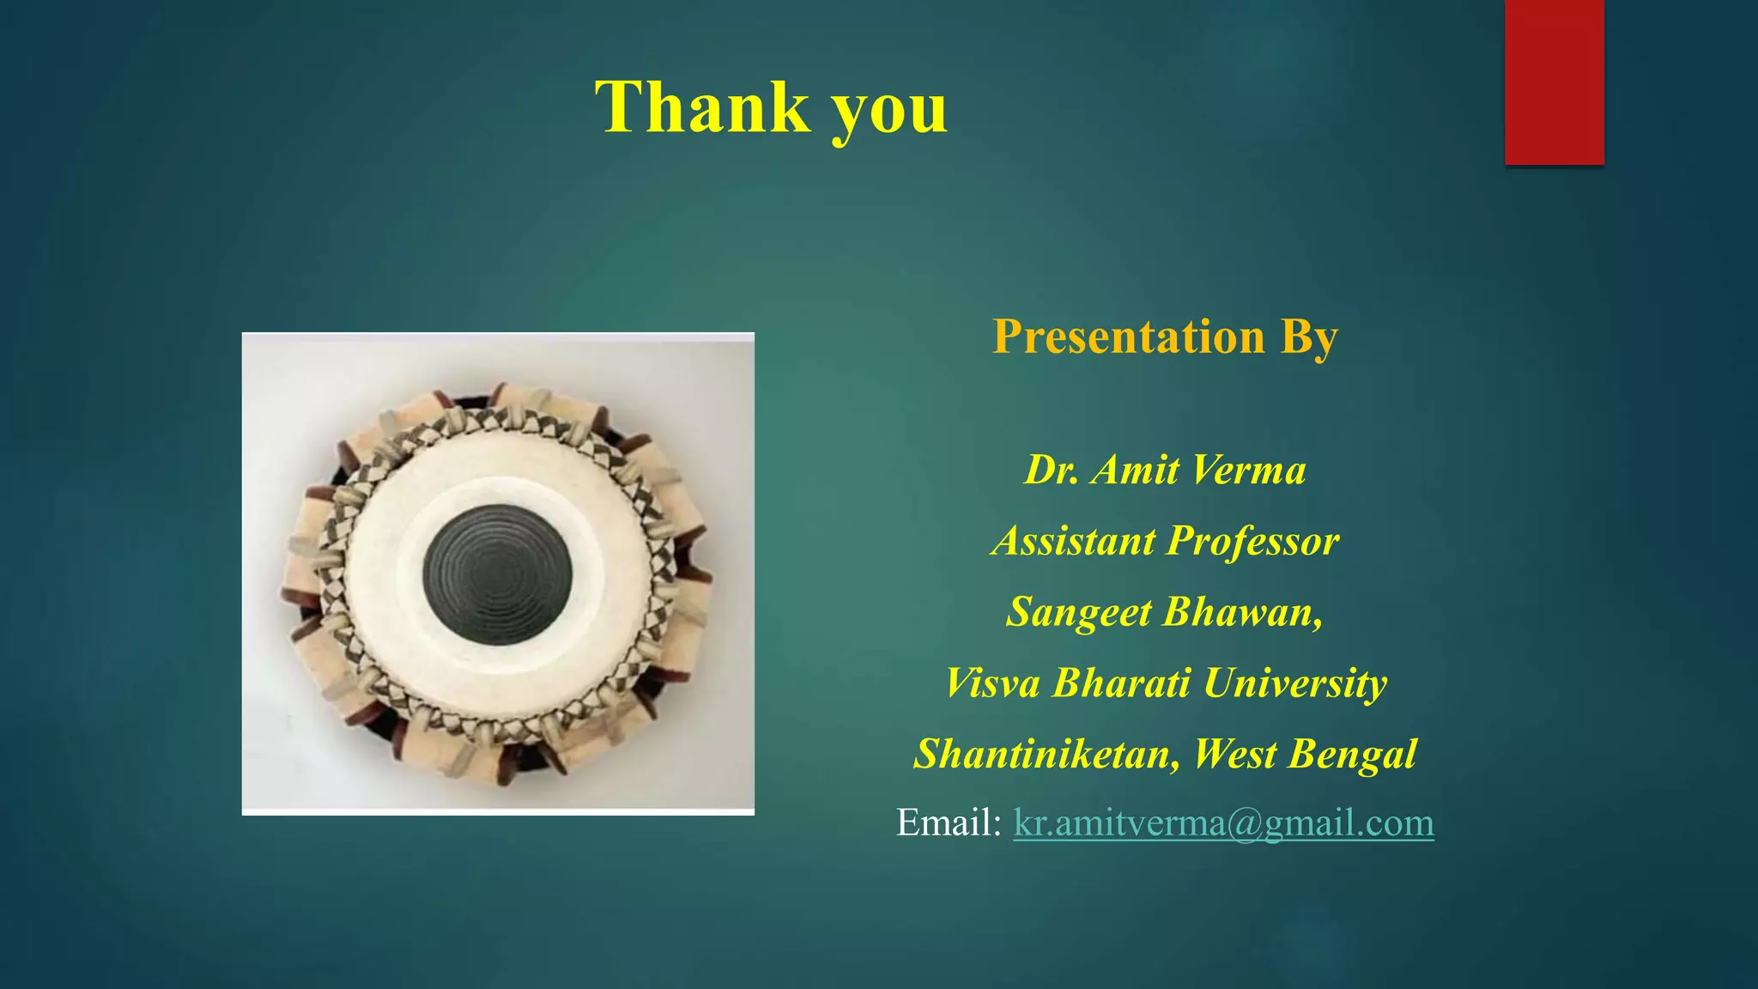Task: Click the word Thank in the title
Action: click(702, 107)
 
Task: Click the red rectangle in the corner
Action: click(1554, 82)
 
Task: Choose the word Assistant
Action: click(1074, 541)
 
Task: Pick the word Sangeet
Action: click(1078, 613)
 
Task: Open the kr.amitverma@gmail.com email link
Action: click(1223, 822)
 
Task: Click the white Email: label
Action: click(949, 822)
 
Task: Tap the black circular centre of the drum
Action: click(497, 574)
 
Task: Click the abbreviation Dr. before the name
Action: click(1052, 470)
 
